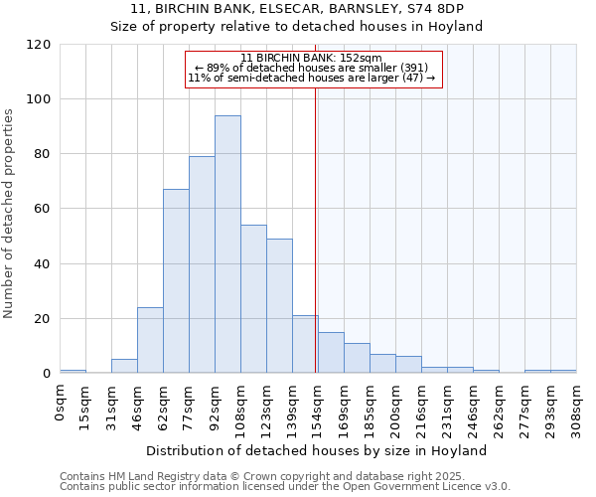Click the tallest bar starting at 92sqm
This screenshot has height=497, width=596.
click(x=227, y=245)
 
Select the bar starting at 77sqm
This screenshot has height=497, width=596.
click(x=202, y=264)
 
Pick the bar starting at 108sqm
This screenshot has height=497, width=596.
click(x=253, y=299)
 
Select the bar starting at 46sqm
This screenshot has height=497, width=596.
click(x=150, y=340)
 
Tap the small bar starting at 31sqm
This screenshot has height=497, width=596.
click(x=124, y=366)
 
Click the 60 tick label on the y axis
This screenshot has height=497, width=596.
click(x=43, y=209)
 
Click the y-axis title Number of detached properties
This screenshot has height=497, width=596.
click(x=9, y=214)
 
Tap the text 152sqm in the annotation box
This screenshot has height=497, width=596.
click(x=362, y=59)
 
